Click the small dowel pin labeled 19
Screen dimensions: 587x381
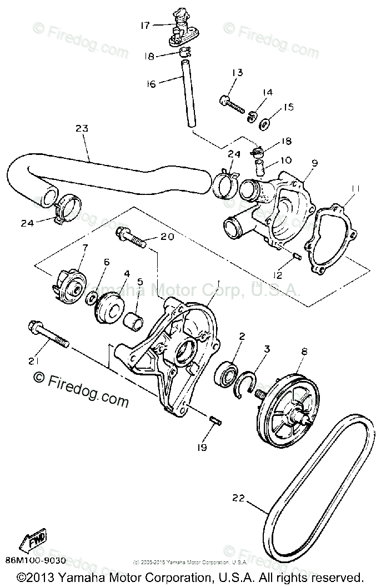(215, 421)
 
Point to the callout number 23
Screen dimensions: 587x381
(82, 129)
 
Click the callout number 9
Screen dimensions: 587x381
(314, 163)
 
